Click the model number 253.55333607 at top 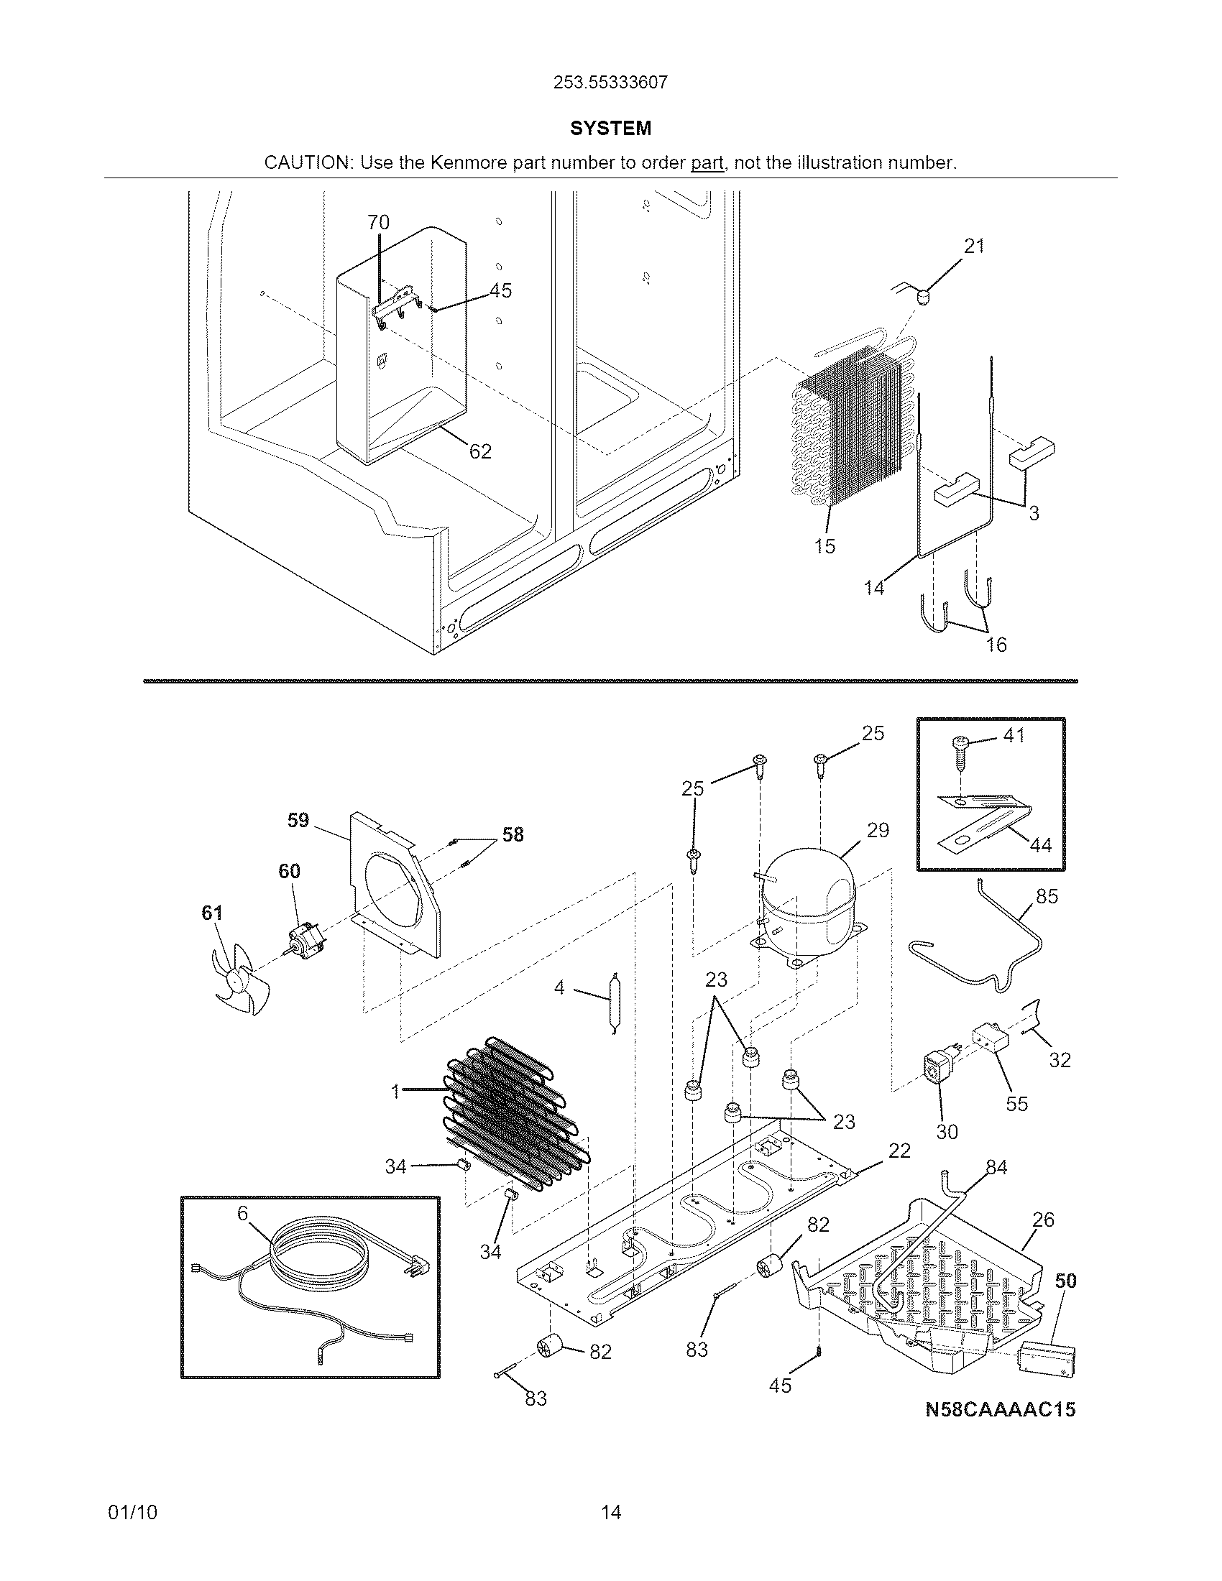point(610,83)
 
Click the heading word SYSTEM point(610,129)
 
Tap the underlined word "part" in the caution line point(707,163)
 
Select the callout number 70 point(378,222)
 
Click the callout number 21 point(975,246)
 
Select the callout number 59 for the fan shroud point(298,820)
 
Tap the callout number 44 point(1040,846)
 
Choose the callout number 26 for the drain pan point(1042,1220)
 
